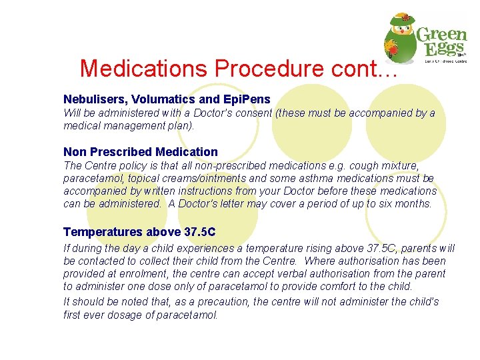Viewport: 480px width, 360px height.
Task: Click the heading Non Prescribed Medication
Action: (140, 151)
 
